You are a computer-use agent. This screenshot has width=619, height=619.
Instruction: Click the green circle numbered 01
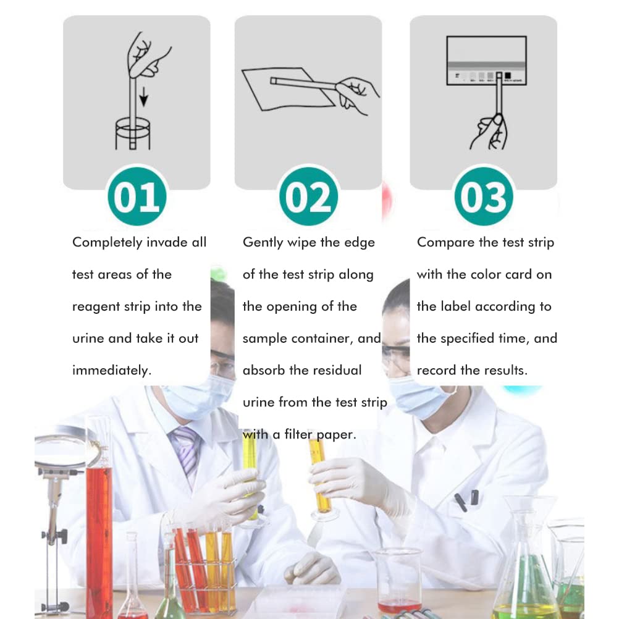tap(137, 196)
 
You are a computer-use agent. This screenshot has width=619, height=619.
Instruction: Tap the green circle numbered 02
tap(308, 196)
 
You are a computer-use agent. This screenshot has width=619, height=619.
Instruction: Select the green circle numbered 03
tap(484, 196)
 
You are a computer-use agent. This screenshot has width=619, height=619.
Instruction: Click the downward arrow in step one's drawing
tap(144, 97)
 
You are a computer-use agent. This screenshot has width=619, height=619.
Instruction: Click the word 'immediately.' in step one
tap(112, 370)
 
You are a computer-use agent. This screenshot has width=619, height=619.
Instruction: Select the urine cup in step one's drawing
tap(133, 134)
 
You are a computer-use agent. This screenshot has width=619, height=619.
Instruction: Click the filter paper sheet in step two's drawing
tap(288, 89)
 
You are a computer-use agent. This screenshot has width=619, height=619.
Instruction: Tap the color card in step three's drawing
tap(486, 61)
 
